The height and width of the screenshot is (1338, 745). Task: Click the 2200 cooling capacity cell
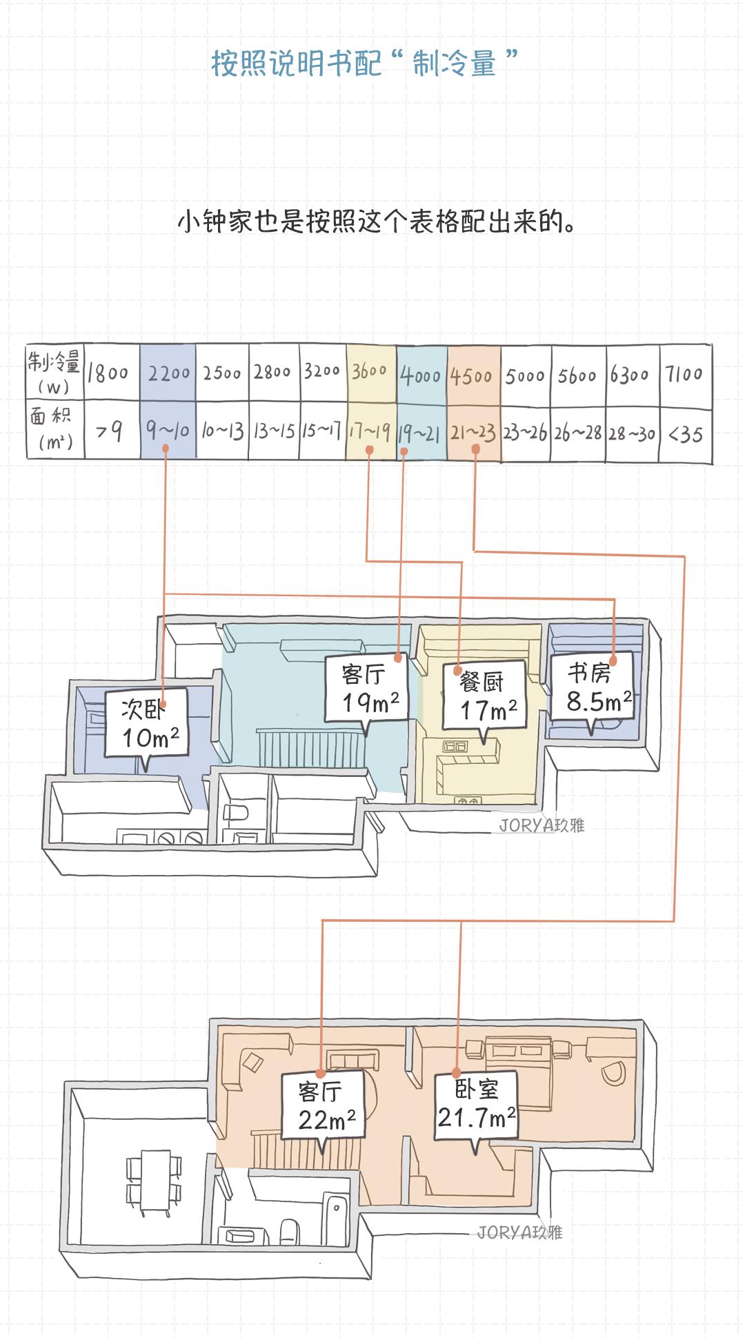tap(168, 373)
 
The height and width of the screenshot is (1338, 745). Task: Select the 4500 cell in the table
tap(474, 376)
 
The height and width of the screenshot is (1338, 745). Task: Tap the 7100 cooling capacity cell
tap(684, 374)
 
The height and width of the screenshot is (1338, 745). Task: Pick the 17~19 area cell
tap(370, 432)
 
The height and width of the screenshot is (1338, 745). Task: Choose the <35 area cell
tap(685, 434)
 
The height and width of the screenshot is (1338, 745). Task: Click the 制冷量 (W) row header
tap(54, 372)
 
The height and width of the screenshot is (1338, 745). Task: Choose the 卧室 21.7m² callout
tap(477, 1104)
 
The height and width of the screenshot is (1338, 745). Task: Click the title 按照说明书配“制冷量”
tap(364, 63)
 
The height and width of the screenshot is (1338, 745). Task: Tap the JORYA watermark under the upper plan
tap(542, 825)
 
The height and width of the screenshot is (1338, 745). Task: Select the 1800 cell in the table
tap(109, 373)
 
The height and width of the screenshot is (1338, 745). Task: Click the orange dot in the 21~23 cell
tap(476, 449)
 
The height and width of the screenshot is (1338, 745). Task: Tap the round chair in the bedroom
tap(611, 1072)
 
